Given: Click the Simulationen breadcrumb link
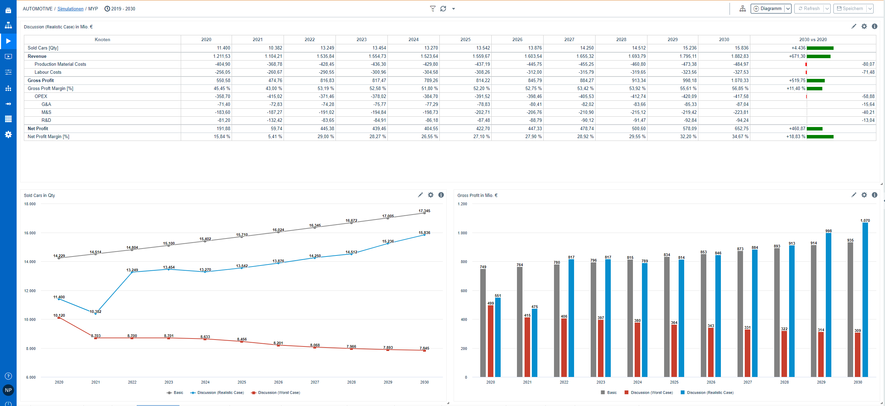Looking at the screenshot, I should (70, 9).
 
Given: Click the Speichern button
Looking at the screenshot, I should (850, 9).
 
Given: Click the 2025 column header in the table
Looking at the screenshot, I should (465, 39).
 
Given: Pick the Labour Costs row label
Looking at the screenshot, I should (48, 72).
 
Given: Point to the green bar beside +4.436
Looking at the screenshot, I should (820, 48).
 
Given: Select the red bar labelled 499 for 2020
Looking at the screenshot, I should (490, 341).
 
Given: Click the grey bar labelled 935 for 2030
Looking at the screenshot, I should (850, 309).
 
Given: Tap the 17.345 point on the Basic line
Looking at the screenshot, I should (424, 213).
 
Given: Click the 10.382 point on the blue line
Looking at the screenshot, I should (96, 314).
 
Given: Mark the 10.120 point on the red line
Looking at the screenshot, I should (59, 318).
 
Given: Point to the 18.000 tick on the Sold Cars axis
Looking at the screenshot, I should (30, 204).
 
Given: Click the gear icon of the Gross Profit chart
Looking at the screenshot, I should (864, 195).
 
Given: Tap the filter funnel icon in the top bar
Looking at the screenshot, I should (432, 9).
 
